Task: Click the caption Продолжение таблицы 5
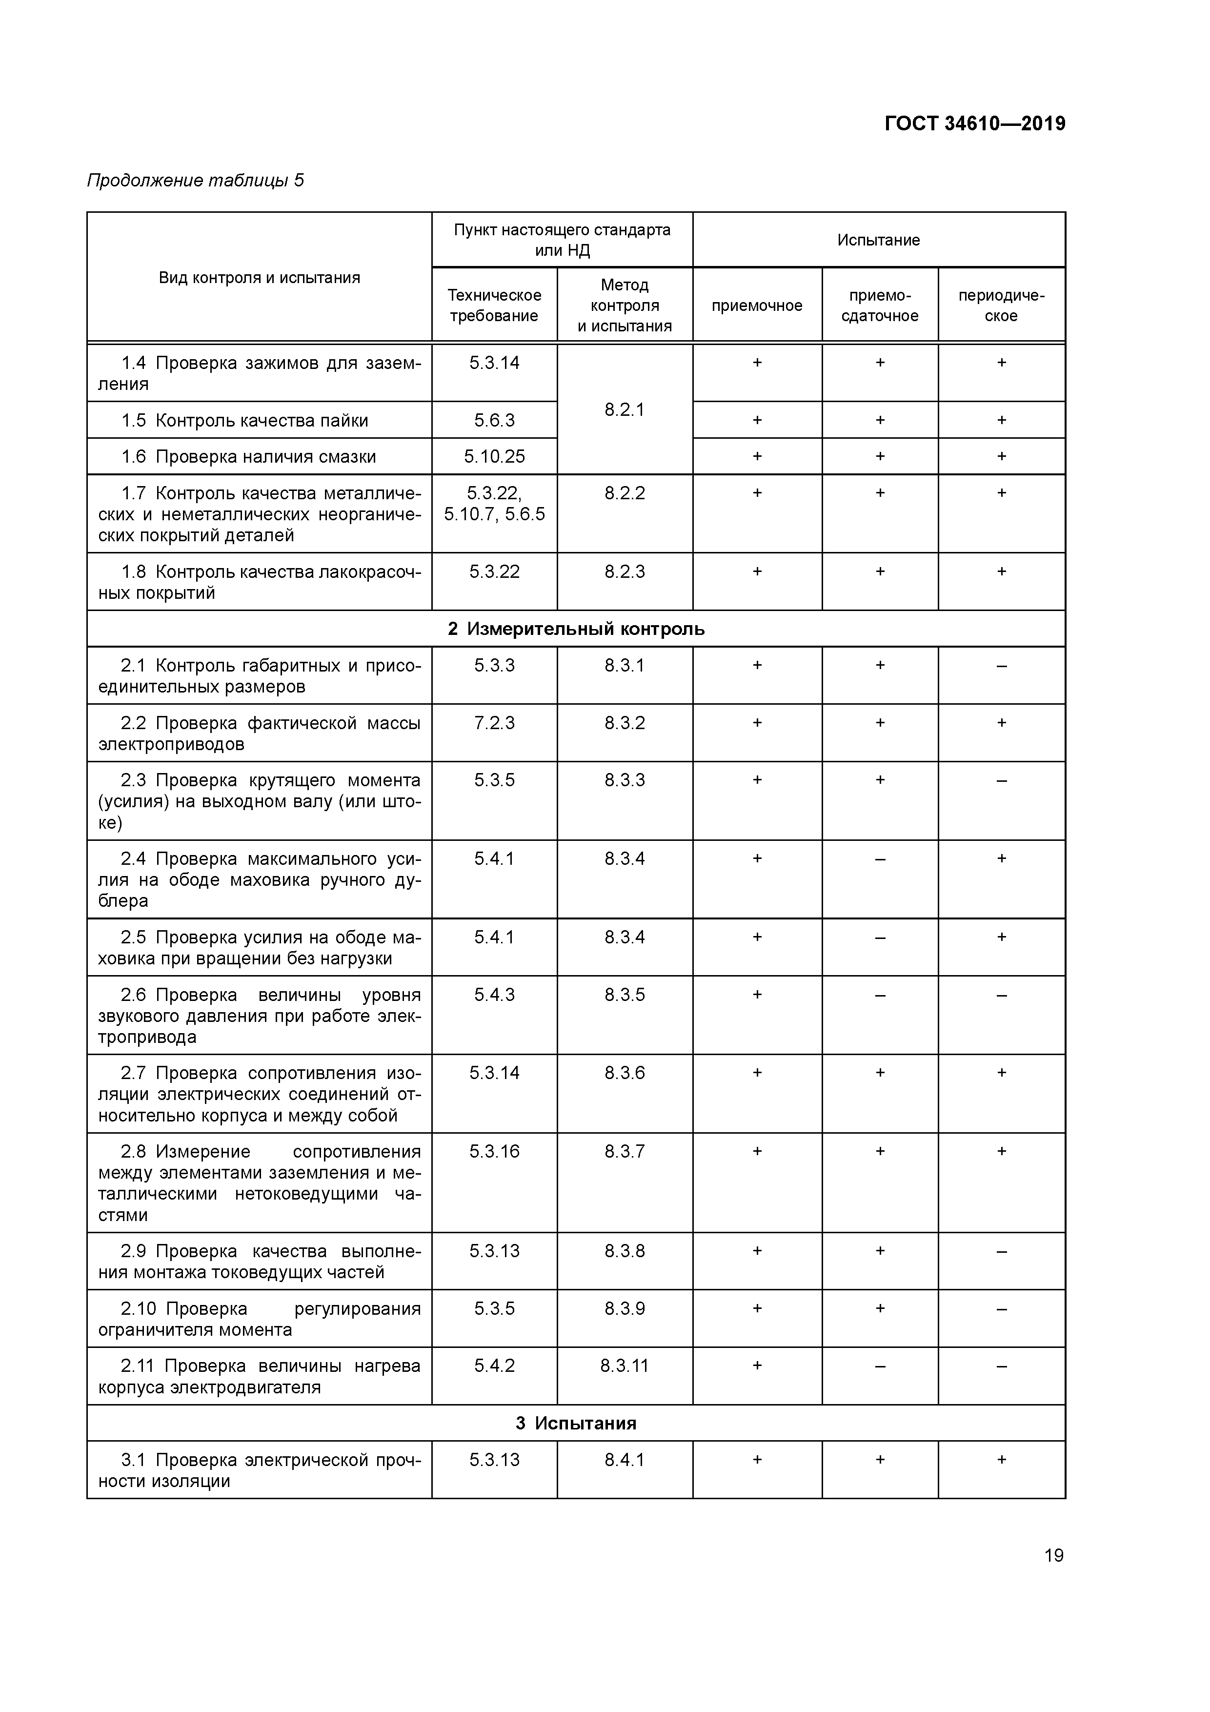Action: tap(195, 181)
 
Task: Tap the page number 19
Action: tap(1053, 1555)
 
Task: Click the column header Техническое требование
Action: tap(494, 305)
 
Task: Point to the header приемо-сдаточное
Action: tap(880, 305)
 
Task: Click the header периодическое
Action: tap(1001, 305)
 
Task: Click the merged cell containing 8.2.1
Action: tap(624, 409)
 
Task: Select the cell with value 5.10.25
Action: tap(494, 456)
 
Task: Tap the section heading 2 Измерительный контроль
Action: tap(576, 629)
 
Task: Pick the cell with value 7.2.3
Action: tap(494, 723)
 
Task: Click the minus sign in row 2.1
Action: tap(1001, 665)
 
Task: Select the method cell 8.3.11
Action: tap(624, 1366)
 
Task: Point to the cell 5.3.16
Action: tap(494, 1151)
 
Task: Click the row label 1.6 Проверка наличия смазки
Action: tap(248, 456)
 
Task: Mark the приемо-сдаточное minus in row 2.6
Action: tap(880, 995)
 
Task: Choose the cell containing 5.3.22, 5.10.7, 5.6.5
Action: tap(494, 503)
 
